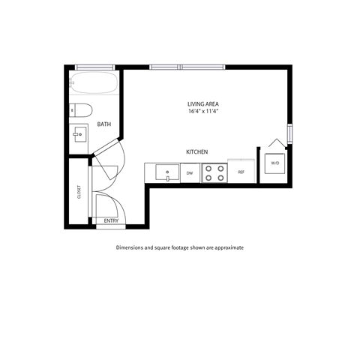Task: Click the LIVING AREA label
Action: click(x=202, y=103)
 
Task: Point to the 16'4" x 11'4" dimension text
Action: click(x=202, y=111)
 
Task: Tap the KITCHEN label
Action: click(x=196, y=152)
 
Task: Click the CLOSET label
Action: click(x=79, y=192)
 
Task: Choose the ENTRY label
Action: click(x=110, y=220)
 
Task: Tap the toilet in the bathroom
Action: click(x=80, y=109)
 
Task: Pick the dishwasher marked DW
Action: click(x=190, y=173)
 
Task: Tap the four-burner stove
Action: click(x=214, y=172)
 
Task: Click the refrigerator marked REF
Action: click(x=241, y=172)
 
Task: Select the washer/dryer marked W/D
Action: click(x=274, y=163)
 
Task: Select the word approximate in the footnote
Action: click(x=228, y=247)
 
